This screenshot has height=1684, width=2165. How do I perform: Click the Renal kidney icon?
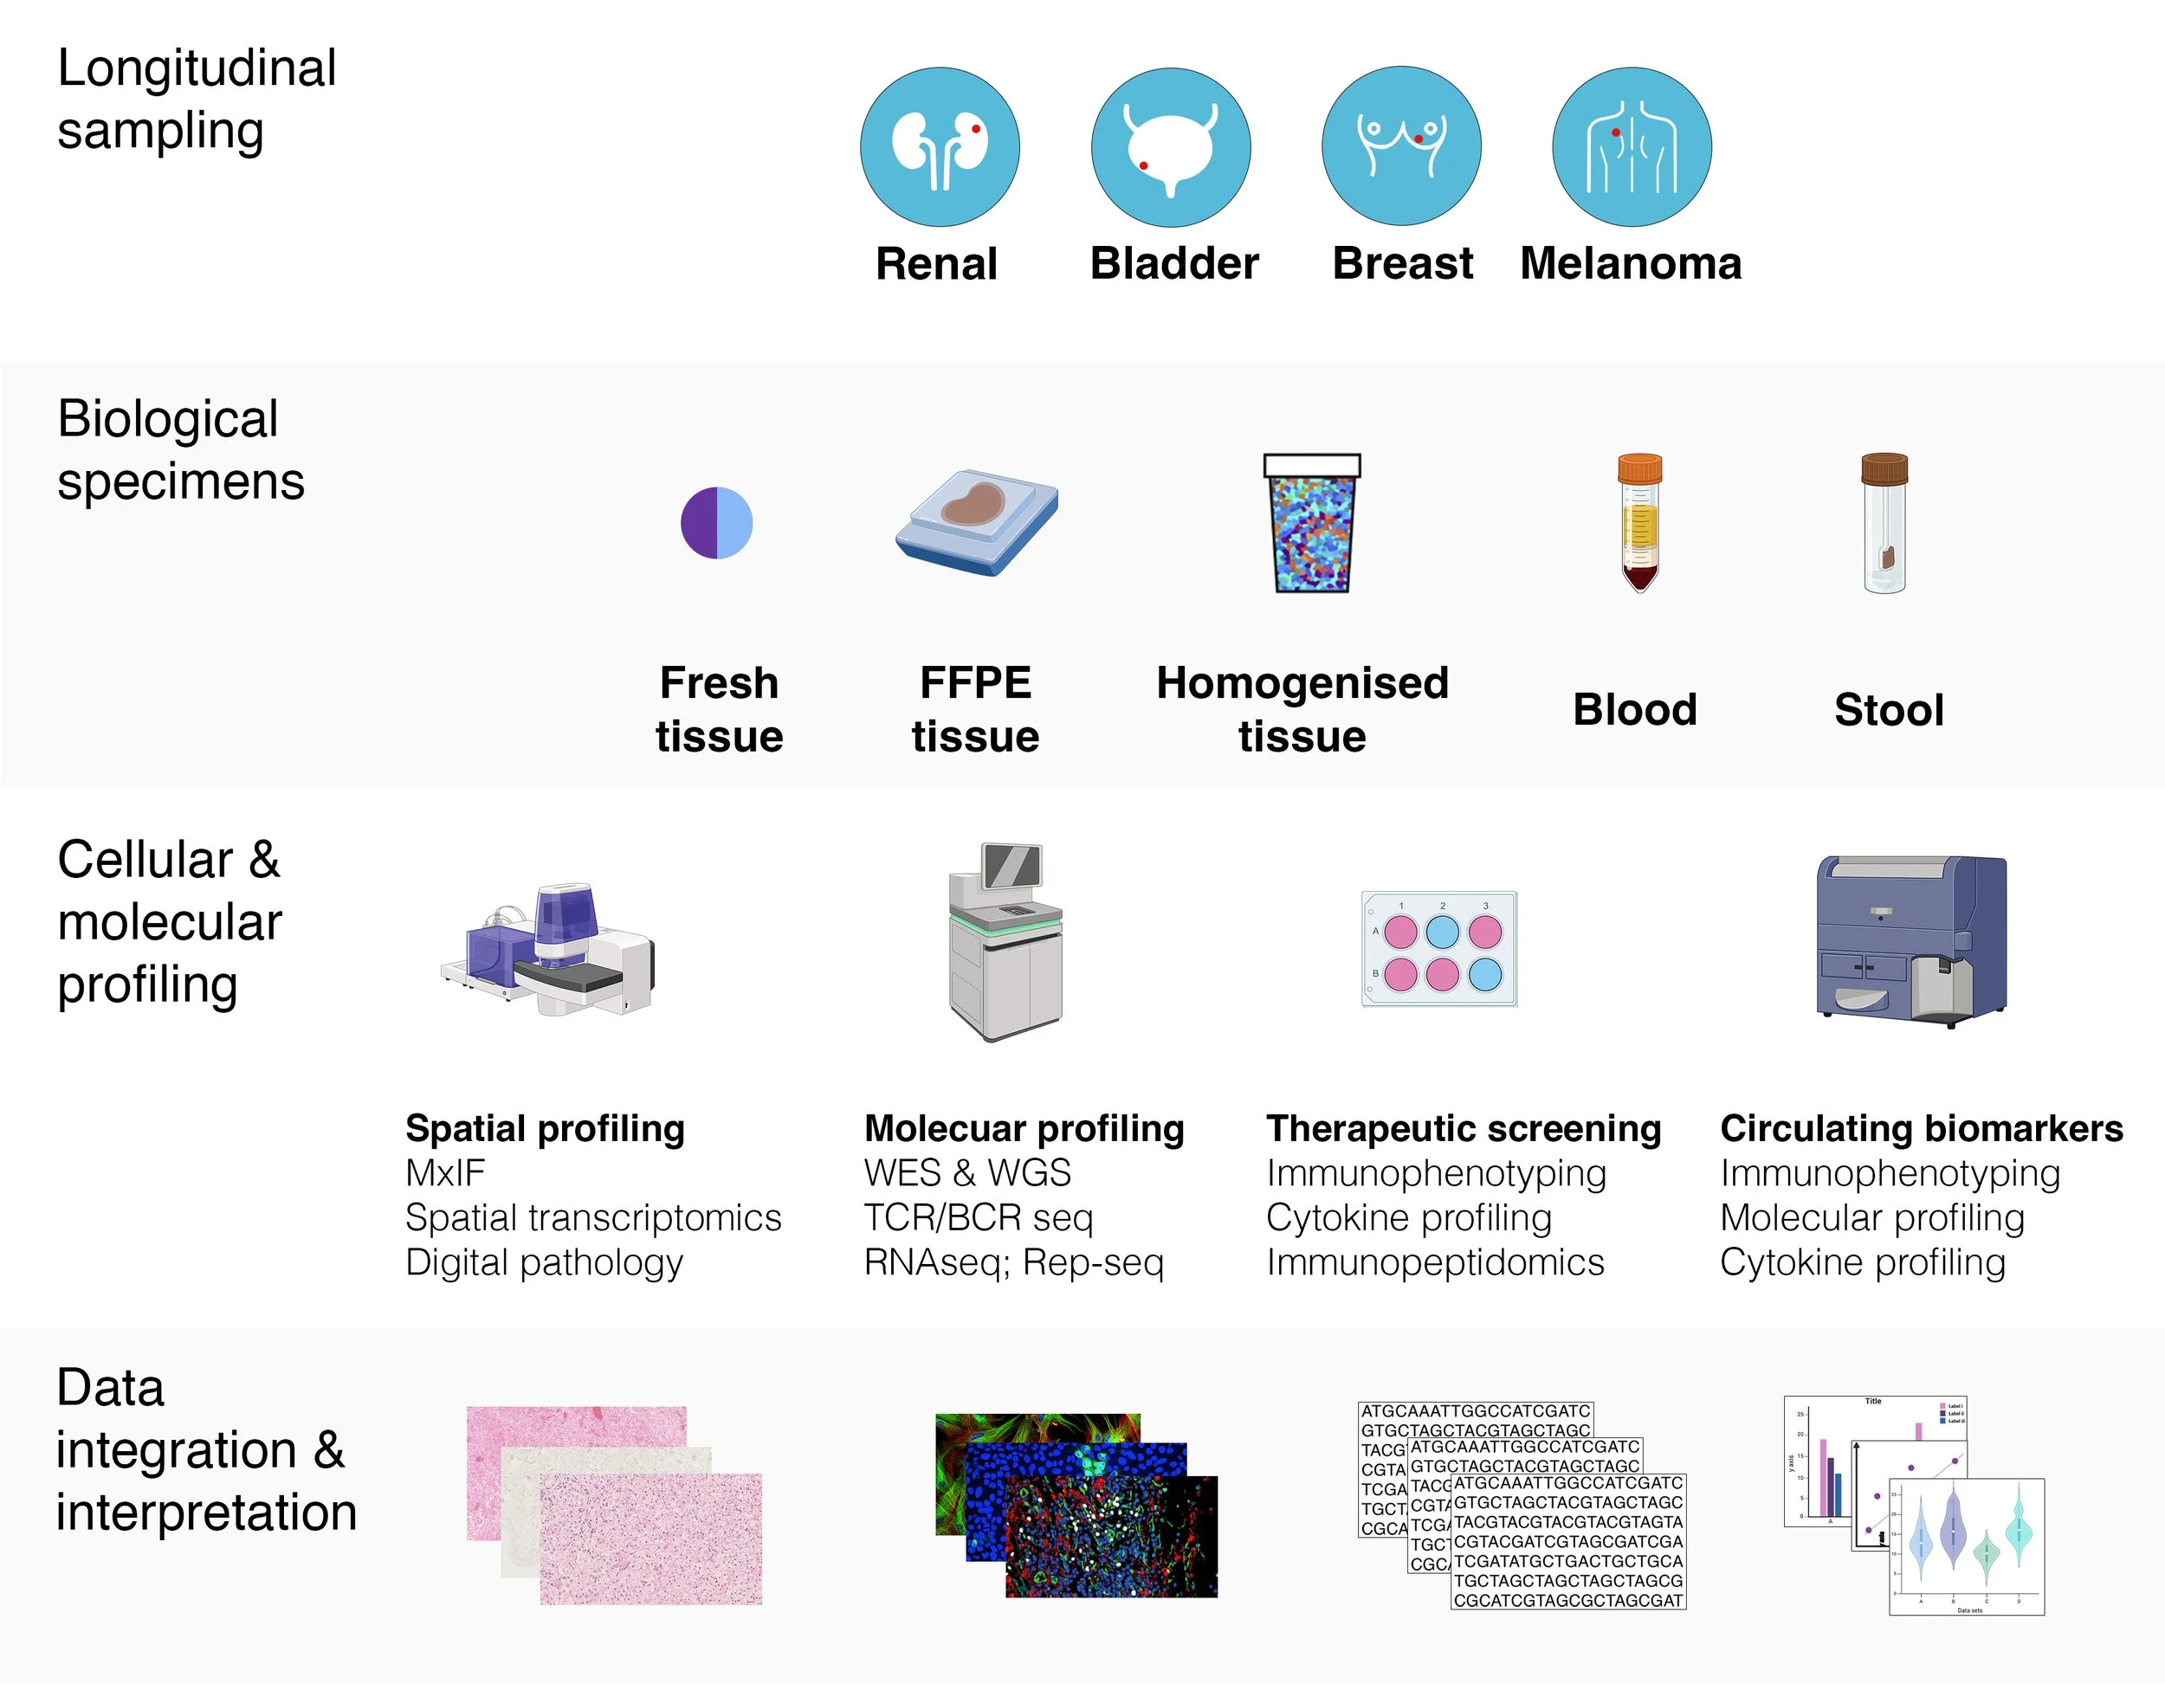939,146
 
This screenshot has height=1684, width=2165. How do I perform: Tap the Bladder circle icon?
1171,146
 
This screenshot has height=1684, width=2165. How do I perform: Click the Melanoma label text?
1631,264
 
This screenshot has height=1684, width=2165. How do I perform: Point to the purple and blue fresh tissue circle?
717,523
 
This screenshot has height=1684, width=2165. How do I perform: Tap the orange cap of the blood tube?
1639,468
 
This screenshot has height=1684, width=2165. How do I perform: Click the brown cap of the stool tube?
1884,468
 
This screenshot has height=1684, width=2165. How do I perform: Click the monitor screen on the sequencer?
1012,868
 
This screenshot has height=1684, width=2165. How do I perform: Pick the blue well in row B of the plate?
1485,974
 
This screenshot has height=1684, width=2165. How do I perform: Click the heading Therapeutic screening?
1464,1128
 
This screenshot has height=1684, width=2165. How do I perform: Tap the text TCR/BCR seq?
979,1217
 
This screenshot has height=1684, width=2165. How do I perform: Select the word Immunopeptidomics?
1434,1261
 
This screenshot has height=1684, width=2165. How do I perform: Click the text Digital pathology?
544,1261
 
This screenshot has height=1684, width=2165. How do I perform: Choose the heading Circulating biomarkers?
1921,1128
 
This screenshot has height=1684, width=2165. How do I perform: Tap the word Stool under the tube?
1889,710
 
